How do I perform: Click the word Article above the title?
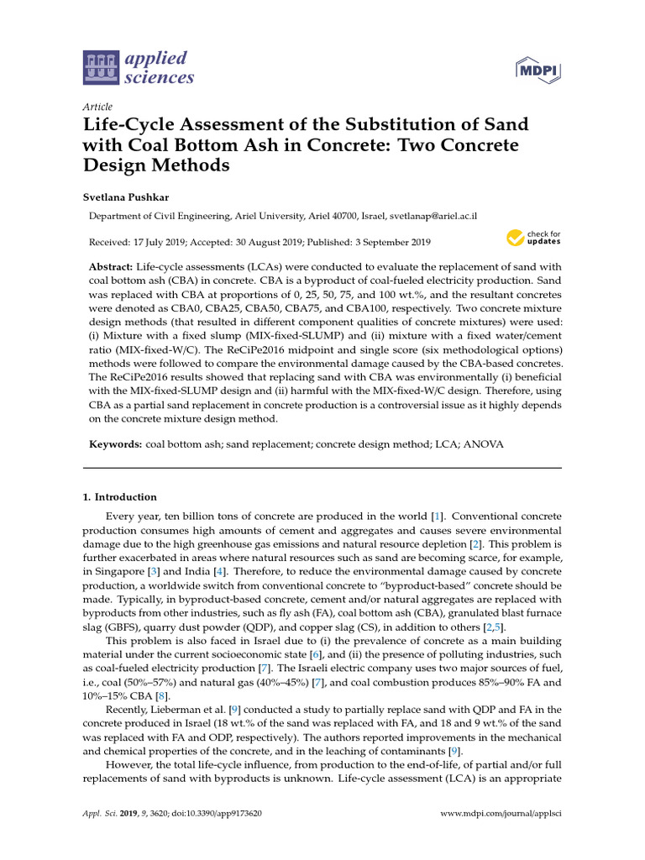(97, 107)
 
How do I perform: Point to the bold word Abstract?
(123, 265)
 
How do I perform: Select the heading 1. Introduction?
(119, 496)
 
